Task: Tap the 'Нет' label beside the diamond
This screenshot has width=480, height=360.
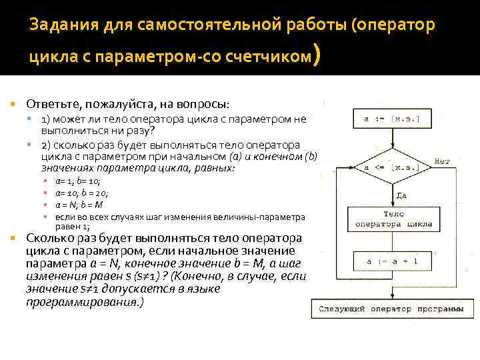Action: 441,161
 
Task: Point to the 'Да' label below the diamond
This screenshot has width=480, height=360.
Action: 401,195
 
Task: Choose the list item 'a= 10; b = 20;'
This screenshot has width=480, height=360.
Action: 82,193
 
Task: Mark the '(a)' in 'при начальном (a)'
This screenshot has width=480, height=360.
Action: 236,157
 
